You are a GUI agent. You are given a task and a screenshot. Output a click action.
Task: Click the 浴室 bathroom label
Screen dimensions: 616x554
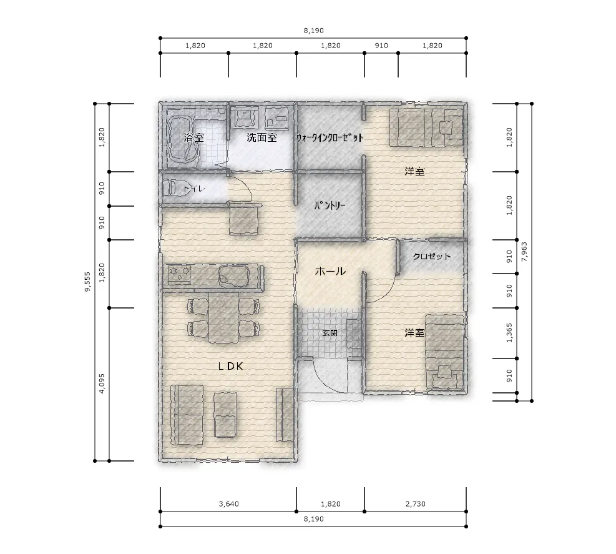coord(193,137)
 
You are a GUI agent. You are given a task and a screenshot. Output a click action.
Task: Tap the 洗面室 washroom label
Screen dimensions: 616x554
coord(262,137)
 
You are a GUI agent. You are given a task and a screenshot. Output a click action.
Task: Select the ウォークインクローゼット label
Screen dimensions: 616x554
coord(330,137)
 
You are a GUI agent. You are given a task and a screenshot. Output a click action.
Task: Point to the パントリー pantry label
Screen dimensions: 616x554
coord(330,205)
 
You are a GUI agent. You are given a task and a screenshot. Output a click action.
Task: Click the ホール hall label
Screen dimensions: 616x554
coord(330,271)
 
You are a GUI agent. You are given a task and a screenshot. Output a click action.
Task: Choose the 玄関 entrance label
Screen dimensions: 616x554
coord(330,333)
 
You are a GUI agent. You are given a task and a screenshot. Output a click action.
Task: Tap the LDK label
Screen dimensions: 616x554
coord(230,367)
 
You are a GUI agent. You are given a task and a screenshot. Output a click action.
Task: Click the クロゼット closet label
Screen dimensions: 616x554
coord(432,256)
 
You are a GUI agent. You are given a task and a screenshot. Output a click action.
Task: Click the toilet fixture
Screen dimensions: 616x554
coord(170,189)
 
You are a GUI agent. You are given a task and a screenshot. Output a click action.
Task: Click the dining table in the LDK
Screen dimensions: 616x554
coord(223,318)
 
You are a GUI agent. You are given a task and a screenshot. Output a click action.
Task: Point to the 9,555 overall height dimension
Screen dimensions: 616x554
coord(87,282)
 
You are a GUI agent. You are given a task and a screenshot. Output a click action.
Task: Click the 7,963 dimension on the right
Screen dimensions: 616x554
coord(524,252)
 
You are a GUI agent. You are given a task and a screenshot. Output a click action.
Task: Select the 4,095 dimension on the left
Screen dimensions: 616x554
coord(102,383)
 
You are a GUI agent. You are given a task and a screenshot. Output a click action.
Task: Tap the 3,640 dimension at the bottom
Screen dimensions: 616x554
coord(228,504)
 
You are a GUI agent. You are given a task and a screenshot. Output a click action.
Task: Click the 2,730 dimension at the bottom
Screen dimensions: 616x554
coord(415,504)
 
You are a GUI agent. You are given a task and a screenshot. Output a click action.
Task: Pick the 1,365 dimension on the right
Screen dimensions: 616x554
coord(509,333)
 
